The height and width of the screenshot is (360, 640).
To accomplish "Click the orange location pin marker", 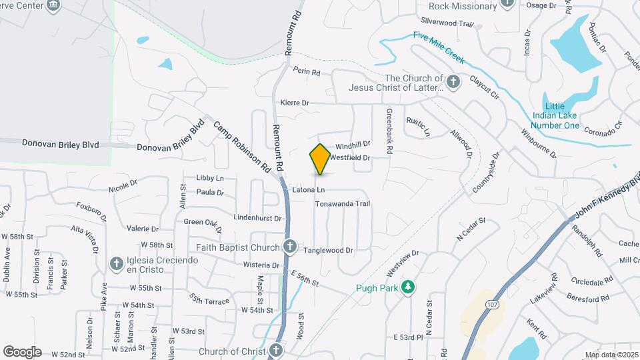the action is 320,159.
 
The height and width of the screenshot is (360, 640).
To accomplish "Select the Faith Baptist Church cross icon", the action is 290,247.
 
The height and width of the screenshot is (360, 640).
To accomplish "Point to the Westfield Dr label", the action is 349,157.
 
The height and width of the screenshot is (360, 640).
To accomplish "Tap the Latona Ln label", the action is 308,191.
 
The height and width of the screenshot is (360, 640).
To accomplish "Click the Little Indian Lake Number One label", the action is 553,115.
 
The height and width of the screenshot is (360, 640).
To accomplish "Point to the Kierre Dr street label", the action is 295,103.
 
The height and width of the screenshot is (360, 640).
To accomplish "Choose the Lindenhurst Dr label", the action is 258,217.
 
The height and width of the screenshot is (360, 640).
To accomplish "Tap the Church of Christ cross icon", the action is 277,351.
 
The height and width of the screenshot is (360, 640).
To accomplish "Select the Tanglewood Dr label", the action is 328,251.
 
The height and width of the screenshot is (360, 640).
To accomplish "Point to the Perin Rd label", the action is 307,72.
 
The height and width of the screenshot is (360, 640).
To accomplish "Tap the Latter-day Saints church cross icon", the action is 453,83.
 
